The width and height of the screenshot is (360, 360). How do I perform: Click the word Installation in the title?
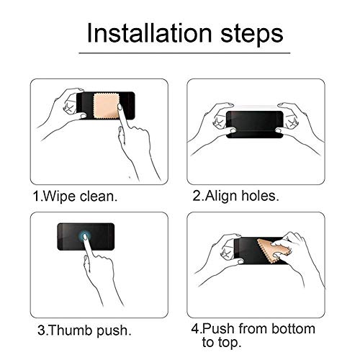[150, 33]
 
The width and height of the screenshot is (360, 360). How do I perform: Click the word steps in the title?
[252, 35]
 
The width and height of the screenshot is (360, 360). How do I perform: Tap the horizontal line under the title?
[184, 53]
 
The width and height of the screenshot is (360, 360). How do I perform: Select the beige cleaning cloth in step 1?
[107, 106]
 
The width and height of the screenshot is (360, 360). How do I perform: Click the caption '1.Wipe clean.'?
[76, 196]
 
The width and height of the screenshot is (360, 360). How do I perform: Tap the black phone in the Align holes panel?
[254, 125]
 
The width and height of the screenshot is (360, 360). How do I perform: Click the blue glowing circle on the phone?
[85, 236]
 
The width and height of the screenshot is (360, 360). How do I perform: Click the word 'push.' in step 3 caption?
[114, 330]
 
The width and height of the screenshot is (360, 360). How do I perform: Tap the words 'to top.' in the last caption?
[221, 342]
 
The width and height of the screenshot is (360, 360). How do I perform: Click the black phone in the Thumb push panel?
[86, 237]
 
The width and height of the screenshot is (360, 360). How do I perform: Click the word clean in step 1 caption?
[96, 196]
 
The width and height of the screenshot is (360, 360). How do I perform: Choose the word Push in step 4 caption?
[218, 328]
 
